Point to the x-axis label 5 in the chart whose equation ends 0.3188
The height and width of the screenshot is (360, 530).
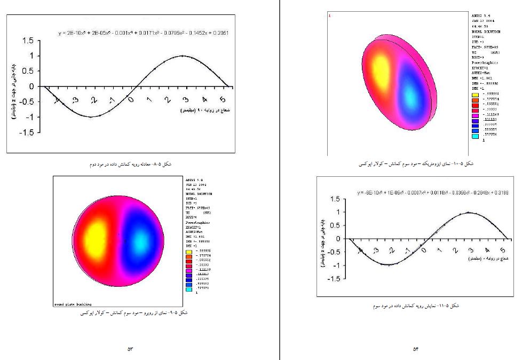click(503, 249)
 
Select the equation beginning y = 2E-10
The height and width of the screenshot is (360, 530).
click(144, 33)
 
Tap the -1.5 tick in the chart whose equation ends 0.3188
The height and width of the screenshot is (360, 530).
click(334, 279)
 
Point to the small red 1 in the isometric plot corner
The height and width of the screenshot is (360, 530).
click(330, 16)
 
